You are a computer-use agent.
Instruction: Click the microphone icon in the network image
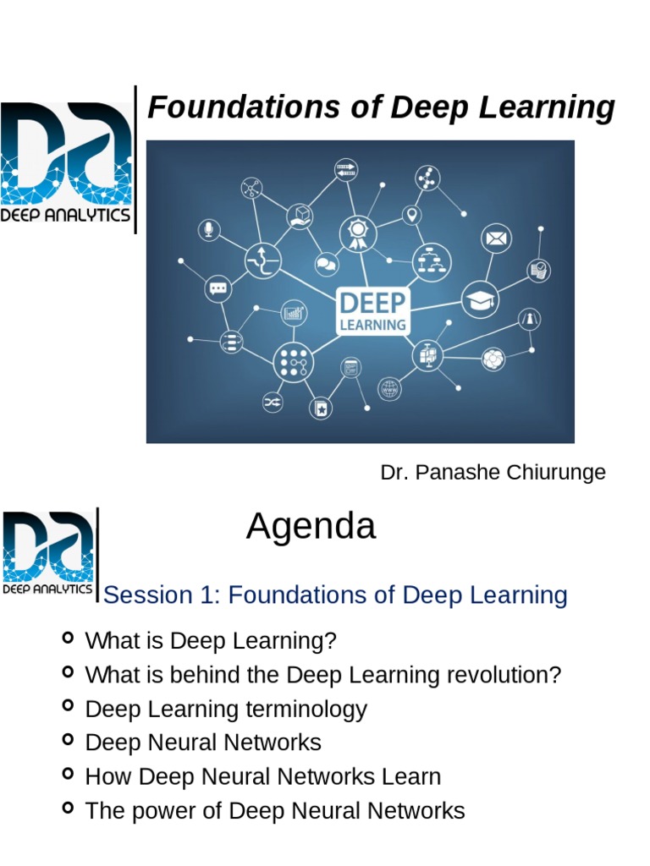208,229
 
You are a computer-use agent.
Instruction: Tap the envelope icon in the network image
496,238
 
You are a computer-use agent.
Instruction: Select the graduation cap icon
480,299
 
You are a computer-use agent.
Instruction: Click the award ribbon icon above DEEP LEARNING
358,233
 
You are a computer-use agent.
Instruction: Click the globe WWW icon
389,388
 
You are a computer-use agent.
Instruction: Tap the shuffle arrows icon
273,403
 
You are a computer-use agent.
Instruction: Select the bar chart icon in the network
294,313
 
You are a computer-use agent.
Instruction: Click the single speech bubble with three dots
218,288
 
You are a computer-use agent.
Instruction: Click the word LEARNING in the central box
372,324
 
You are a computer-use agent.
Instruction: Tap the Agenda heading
311,528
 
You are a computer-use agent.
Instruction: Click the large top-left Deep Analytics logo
66,161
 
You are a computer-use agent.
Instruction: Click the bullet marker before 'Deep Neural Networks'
69,739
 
